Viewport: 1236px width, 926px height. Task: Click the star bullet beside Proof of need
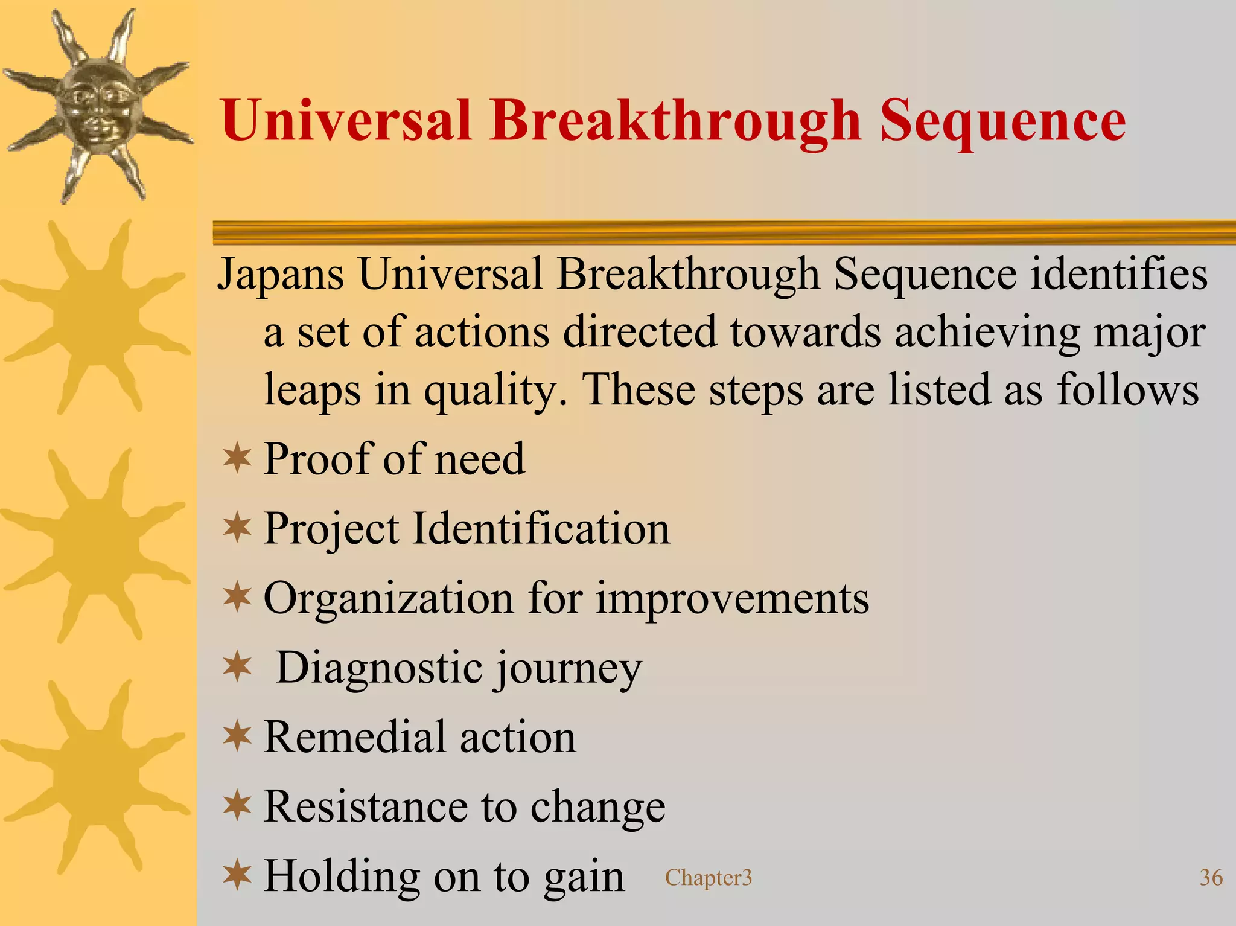[237, 459]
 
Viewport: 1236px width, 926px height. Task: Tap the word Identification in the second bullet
[541, 529]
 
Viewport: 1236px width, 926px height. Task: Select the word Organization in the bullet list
[389, 599]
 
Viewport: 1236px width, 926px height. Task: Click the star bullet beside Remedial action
[237, 736]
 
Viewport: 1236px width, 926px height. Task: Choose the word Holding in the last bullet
[342, 877]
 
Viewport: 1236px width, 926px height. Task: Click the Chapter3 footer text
[709, 878]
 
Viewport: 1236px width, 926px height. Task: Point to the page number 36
[1211, 878]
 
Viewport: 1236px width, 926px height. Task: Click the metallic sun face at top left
[97, 106]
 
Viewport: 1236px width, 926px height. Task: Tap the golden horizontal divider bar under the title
[724, 233]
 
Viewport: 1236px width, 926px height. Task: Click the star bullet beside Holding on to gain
[237, 875]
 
